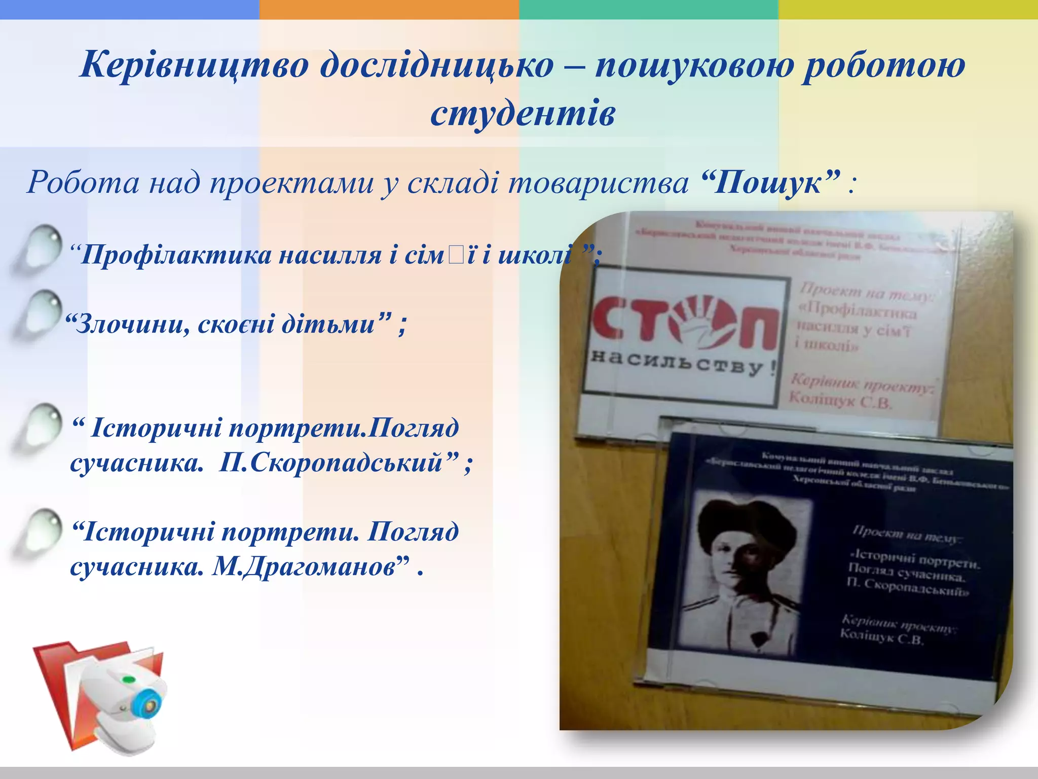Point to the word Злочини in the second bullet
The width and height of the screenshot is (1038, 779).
(132, 324)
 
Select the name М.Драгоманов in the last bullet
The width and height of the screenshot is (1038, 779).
(303, 566)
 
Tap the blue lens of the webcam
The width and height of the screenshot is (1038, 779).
(150, 705)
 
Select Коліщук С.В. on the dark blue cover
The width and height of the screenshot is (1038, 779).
(882, 636)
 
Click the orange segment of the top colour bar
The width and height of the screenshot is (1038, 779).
(389, 9)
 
